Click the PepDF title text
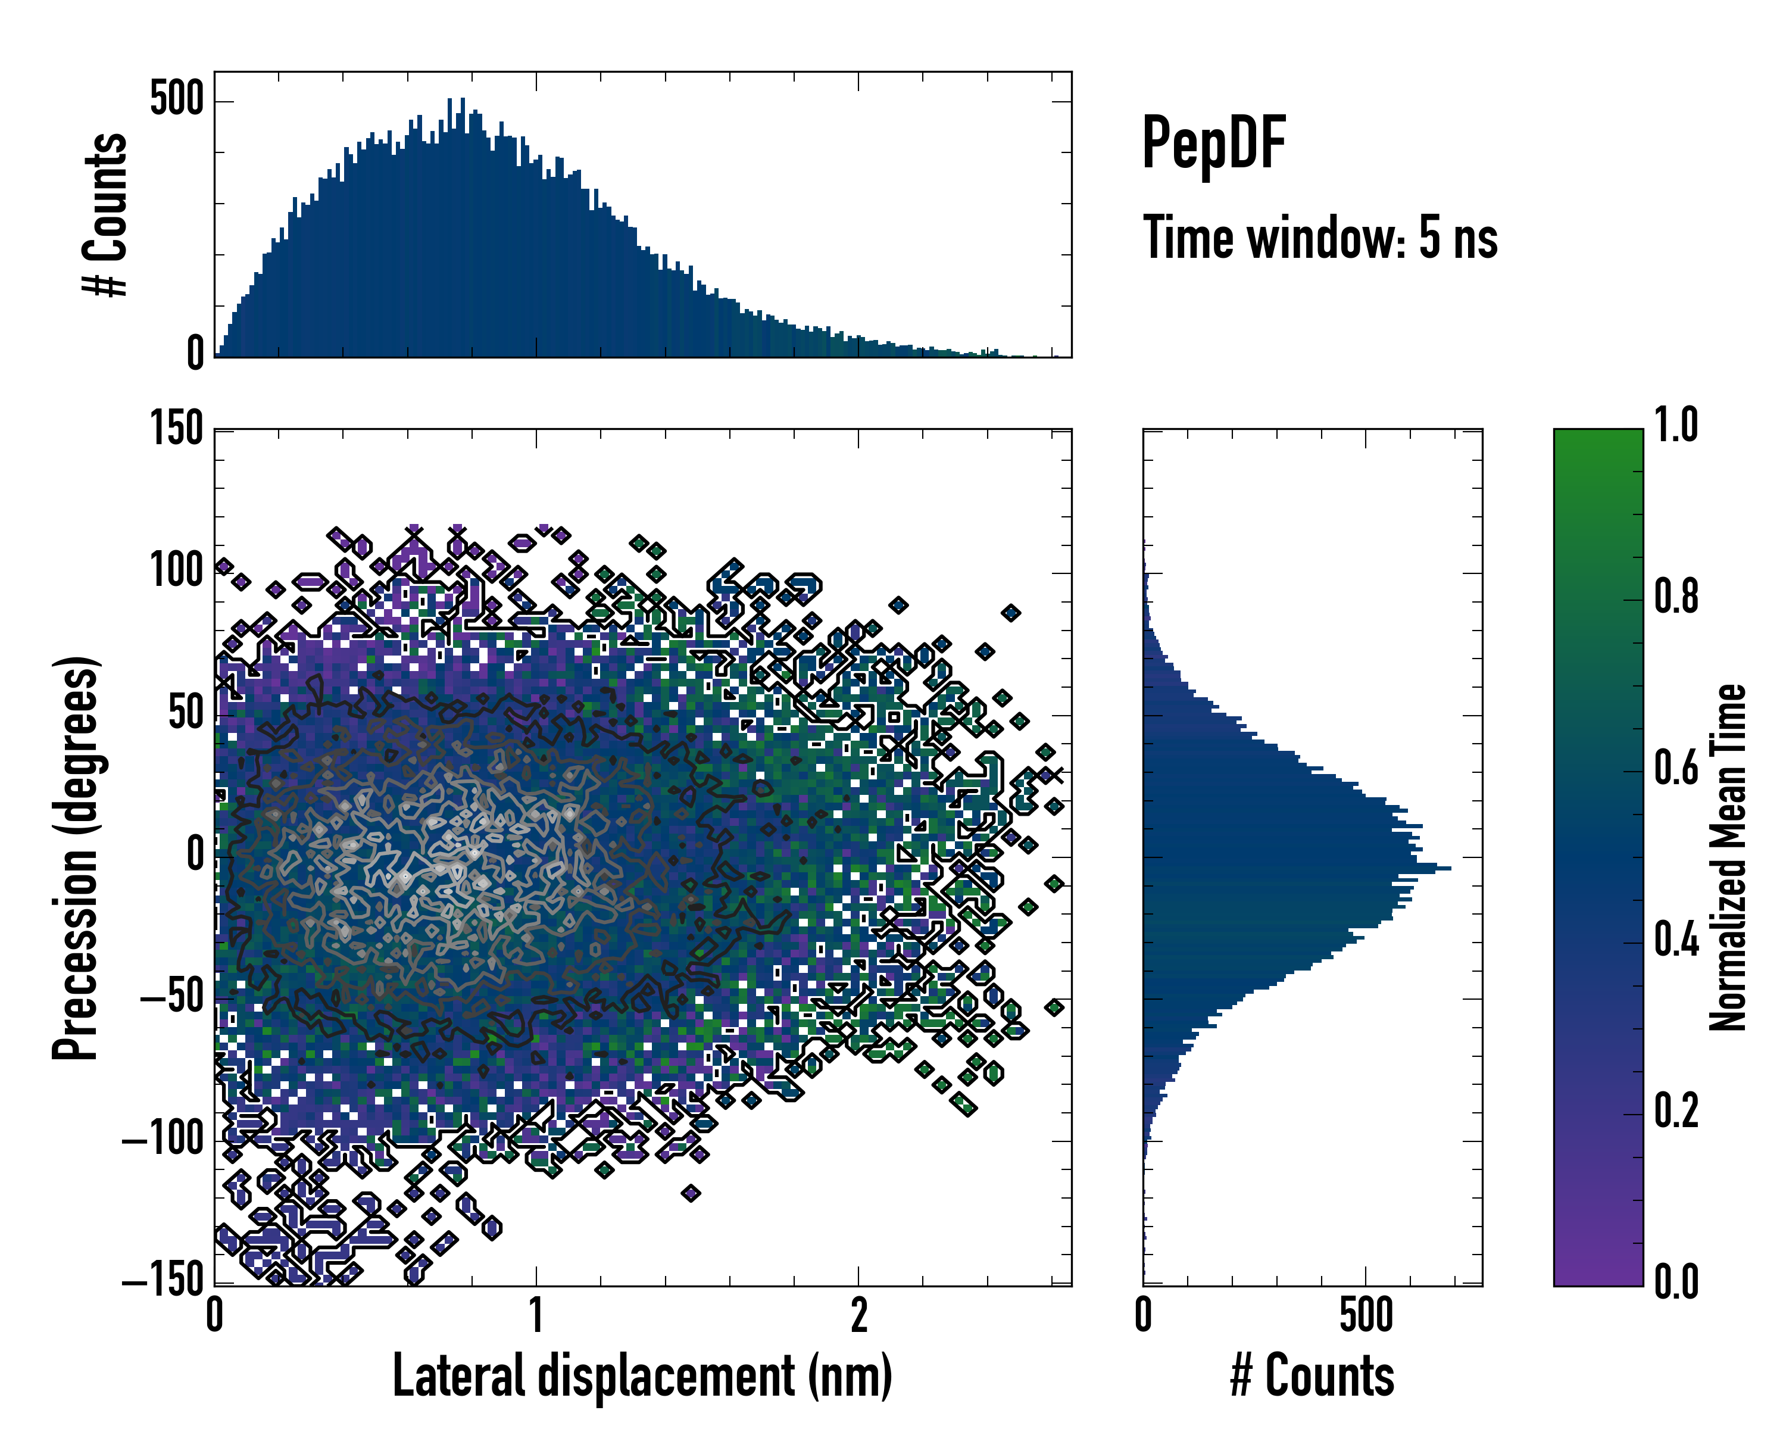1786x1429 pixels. pos(1213,143)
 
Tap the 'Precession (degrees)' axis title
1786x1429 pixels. pos(76,857)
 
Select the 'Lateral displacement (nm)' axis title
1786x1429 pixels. pos(642,1376)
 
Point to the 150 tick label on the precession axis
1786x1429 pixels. pos(176,430)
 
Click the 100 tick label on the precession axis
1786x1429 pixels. pos(176,572)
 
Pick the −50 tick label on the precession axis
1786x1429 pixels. pos(171,999)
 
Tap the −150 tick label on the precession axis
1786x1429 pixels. pos(163,1281)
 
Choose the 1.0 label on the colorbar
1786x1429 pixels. pos(1676,426)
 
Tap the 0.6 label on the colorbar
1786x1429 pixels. pos(1676,768)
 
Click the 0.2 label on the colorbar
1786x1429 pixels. pos(1676,1111)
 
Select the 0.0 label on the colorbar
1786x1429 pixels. pos(1676,1281)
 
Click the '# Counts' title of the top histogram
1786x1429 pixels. pos(106,214)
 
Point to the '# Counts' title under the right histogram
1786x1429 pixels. pos(1312,1376)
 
